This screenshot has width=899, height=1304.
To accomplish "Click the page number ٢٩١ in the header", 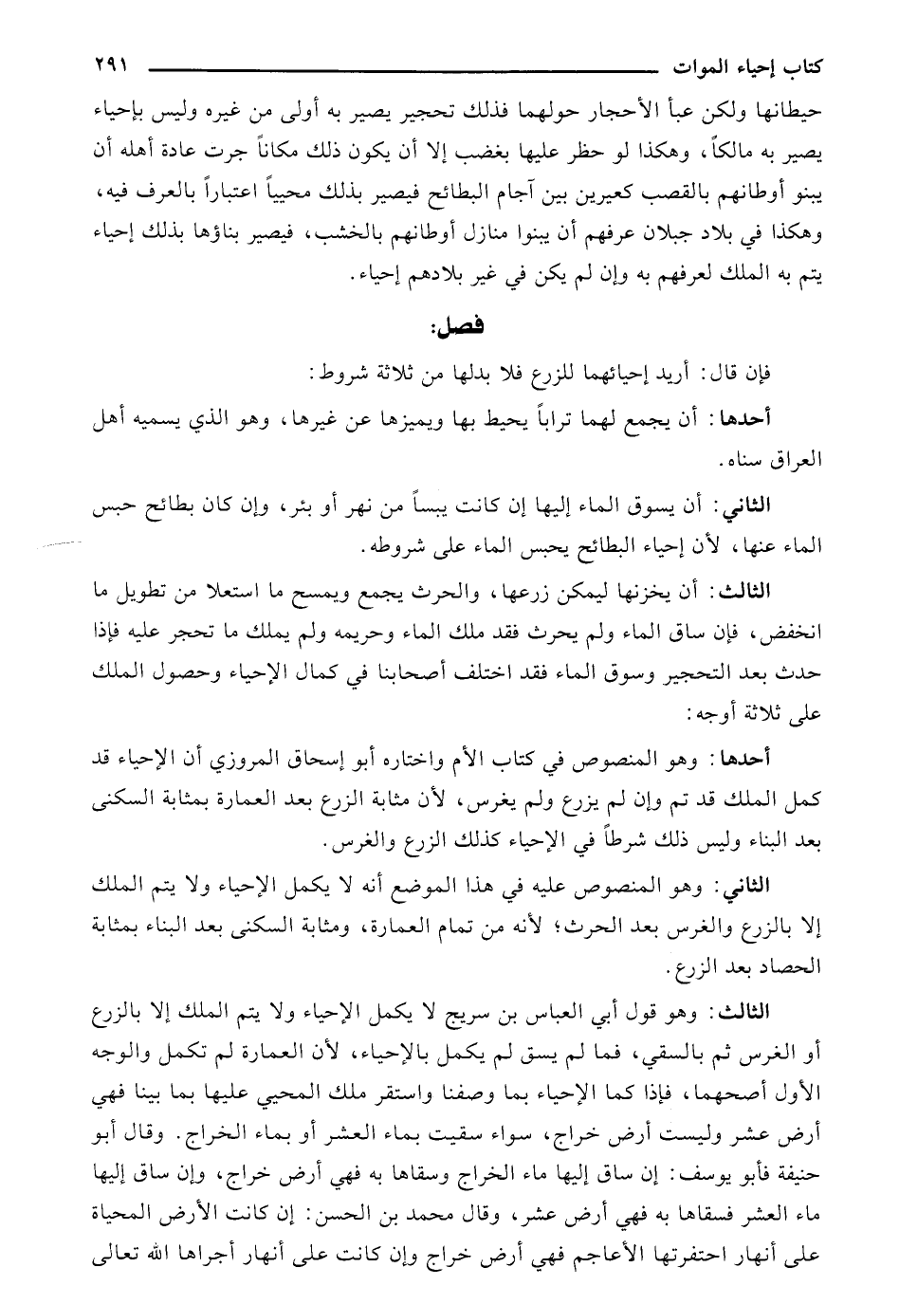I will click(x=109, y=68).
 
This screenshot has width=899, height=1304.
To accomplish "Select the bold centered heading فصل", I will click(x=454, y=328).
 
